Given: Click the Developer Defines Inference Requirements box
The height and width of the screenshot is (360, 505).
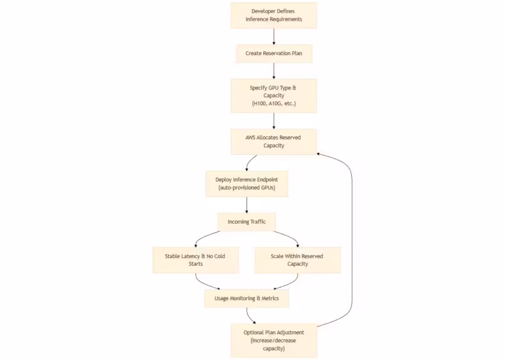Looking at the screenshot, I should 273,15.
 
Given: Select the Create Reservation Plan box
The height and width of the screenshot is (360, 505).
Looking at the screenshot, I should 273,54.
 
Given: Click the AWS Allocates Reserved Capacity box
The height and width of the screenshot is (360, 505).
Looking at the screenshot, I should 273,141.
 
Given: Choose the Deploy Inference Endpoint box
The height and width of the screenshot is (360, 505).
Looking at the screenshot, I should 246,184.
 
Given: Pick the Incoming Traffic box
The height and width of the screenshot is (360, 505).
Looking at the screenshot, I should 246,222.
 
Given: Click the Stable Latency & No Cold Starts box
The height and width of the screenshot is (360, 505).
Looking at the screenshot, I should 196,259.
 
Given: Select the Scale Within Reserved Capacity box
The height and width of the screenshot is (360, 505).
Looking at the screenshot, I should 297,259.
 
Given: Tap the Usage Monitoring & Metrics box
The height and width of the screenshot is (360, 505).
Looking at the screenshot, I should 246,299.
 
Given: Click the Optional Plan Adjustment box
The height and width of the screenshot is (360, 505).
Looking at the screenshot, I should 273,340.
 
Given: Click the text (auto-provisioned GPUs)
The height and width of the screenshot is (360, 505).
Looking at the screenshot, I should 246,188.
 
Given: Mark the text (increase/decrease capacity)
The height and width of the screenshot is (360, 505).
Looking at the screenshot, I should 273,344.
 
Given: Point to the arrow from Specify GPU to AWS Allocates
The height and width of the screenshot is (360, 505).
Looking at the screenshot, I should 274,120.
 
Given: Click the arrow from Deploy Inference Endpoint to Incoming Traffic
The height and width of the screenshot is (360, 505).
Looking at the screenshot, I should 246,204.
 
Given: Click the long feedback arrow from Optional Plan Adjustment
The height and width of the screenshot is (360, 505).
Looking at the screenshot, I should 352,237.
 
